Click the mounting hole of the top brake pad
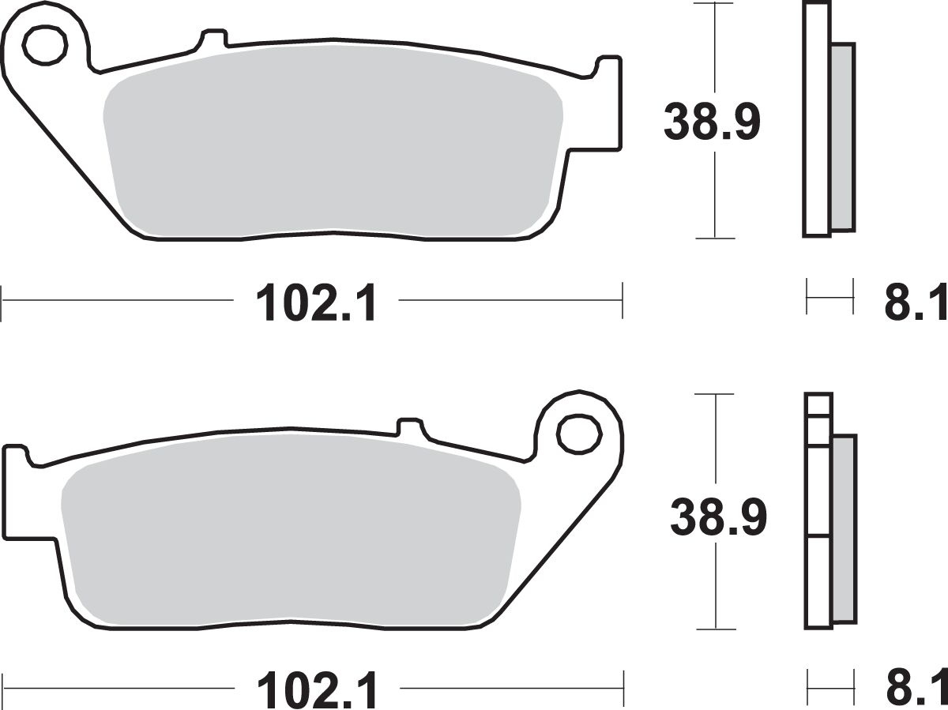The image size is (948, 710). coord(45,46)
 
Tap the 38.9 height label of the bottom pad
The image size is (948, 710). coord(718,519)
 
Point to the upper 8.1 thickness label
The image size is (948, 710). coord(916,302)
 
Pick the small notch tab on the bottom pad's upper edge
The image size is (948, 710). coord(409,427)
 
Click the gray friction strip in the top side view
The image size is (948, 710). coord(843,136)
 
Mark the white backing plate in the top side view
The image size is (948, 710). coord(817,118)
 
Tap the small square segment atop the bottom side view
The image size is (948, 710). coord(818,404)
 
